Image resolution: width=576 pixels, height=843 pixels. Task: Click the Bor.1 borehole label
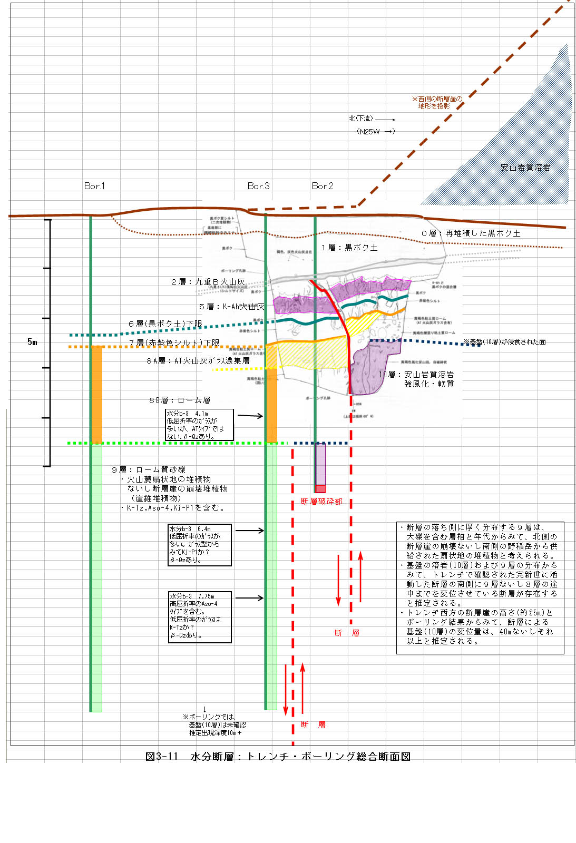(x=94, y=186)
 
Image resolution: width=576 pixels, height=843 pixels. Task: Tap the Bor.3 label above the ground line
(x=258, y=186)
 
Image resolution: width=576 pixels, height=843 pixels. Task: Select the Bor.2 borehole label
(x=323, y=186)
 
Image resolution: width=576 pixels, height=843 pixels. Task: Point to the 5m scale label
(x=33, y=342)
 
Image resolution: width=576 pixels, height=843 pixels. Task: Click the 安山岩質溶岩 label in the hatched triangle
(x=525, y=168)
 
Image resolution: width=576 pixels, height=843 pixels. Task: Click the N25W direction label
(x=375, y=131)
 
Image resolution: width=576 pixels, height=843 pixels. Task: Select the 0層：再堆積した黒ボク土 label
(x=471, y=233)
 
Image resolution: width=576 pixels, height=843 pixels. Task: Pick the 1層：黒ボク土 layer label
(x=349, y=247)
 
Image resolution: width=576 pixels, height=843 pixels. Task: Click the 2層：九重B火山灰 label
(x=208, y=282)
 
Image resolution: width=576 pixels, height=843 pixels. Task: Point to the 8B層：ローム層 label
(x=180, y=400)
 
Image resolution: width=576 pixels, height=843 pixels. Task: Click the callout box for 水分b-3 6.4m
(x=200, y=545)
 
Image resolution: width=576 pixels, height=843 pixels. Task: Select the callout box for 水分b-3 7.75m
(x=200, y=616)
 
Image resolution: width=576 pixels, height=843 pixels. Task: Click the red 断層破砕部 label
(x=321, y=501)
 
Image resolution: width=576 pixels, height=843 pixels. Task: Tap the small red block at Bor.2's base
(x=320, y=489)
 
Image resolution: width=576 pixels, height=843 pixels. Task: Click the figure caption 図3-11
(x=278, y=757)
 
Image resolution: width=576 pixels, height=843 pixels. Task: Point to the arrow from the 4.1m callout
(x=250, y=416)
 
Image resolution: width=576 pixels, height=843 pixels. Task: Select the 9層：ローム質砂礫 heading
(x=149, y=469)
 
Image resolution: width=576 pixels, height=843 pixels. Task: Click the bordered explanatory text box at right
(x=480, y=587)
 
